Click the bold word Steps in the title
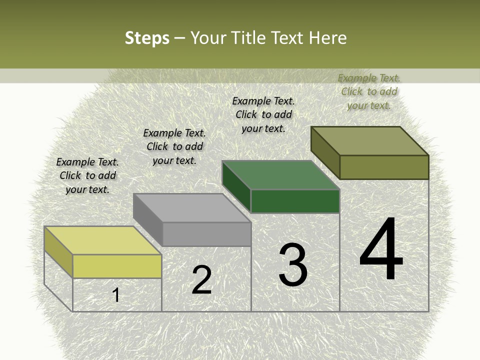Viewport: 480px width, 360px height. point(147,38)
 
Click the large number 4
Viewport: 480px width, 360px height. point(381,249)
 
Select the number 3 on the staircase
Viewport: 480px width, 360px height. point(293,265)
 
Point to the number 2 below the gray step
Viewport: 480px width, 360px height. point(201,280)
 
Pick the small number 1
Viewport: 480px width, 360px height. point(116,295)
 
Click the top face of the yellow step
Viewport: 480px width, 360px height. point(102,240)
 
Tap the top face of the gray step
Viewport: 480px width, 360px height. point(192,208)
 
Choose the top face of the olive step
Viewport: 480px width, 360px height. point(370,141)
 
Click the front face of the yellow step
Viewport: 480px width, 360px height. point(117,266)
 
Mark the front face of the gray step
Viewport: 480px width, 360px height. point(206,234)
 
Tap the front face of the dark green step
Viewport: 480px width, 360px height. point(295,201)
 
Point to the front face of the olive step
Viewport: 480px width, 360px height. point(384,167)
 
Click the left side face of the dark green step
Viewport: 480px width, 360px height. point(236,186)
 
